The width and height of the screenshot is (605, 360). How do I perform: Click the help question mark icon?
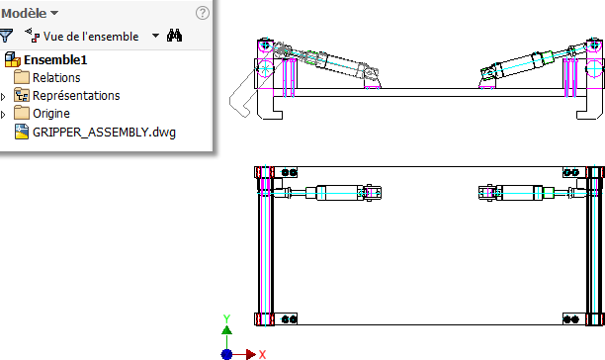point(203,13)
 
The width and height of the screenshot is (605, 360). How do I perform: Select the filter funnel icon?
point(6,36)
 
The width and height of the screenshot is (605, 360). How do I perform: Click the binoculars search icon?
point(174,36)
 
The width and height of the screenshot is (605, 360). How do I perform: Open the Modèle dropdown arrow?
point(54,13)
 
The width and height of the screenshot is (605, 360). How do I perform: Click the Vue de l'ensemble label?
point(91,37)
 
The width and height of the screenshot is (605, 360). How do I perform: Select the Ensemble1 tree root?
point(55,59)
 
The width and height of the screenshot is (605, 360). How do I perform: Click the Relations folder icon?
point(22,77)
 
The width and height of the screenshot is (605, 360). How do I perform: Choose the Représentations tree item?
point(76,95)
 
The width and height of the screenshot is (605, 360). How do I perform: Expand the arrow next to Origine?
point(3,114)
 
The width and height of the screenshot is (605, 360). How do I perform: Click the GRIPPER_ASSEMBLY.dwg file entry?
point(104,132)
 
